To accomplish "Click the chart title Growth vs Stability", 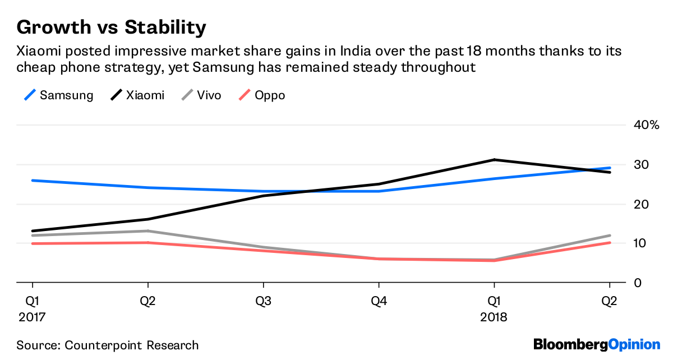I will (111, 27).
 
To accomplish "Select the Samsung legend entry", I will (59, 95).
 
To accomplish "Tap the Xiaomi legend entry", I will (138, 95).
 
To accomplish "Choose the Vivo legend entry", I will (201, 95).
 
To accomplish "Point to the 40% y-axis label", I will (646, 125).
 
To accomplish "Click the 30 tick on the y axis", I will (642, 165).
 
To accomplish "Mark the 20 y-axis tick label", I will (642, 204).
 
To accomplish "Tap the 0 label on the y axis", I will (638, 283).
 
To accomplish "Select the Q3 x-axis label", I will (263, 301).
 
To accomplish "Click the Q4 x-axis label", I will (379, 301).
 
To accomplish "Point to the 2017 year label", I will (32, 317).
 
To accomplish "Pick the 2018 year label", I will (494, 317).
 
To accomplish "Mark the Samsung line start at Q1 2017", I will (33, 181).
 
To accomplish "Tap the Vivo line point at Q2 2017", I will (147, 231).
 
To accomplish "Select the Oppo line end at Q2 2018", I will (610, 243).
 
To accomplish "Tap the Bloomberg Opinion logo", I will (597, 344).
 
